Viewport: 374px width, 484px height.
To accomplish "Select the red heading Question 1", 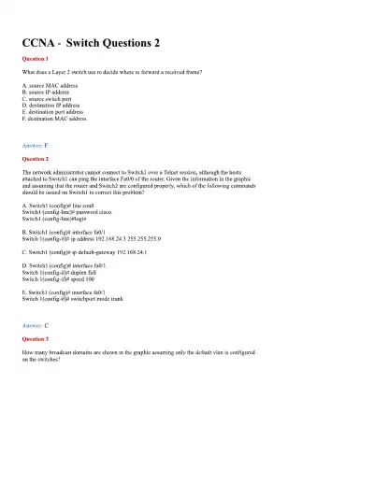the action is coord(35,59).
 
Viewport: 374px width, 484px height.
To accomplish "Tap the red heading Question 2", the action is coord(35,159).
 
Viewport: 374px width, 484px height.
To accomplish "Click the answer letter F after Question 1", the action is coord(46,146).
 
